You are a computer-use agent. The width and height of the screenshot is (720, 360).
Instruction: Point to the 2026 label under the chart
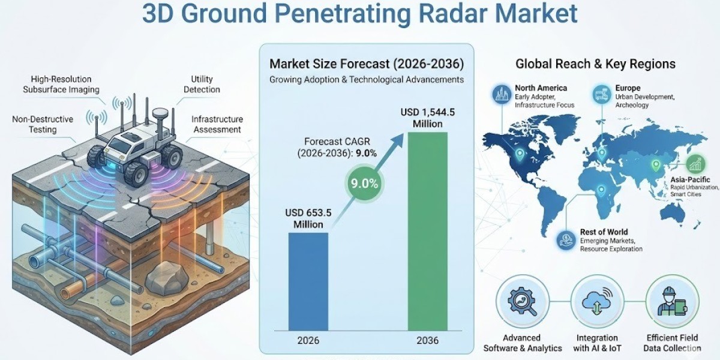pyautogui.click(x=308, y=340)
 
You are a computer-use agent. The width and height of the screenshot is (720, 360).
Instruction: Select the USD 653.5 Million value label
pyautogui.click(x=308, y=218)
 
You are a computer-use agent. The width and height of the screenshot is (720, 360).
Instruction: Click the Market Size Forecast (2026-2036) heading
pyautogui.click(x=367, y=64)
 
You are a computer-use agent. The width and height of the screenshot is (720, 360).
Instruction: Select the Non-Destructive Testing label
pyautogui.click(x=43, y=124)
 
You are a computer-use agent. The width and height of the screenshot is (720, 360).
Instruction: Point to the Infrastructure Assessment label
pyautogui.click(x=217, y=124)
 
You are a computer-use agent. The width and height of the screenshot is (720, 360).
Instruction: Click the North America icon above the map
pyautogui.click(x=501, y=94)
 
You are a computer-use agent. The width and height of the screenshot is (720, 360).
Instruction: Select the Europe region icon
pyautogui.click(x=600, y=94)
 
